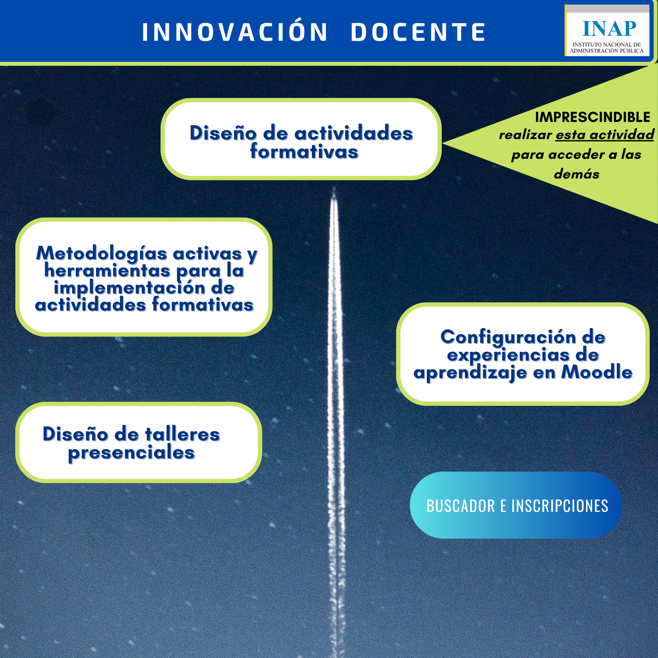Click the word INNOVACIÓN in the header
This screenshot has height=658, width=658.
pos(235,32)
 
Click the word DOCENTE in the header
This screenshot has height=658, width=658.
pos(418,32)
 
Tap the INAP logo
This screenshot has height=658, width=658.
pos(607,30)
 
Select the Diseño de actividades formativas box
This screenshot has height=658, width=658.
pos(301,139)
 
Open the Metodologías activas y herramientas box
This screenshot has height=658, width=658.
pos(144,277)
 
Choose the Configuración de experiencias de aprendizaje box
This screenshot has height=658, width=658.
pos(522,354)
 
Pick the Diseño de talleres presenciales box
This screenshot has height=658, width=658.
pos(139,442)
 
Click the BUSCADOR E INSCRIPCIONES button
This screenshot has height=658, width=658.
pos(516,505)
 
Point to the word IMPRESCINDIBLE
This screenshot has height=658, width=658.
pos(592,117)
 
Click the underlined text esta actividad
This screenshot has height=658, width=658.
pos(605,135)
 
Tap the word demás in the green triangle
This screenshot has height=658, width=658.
pos(576,174)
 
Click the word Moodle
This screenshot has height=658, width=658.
pos(597,372)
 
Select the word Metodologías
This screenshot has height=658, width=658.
pos(102,254)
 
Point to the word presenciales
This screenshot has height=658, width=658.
pos(131,453)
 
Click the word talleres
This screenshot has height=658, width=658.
pos(182,434)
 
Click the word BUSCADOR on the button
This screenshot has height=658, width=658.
pos(461,506)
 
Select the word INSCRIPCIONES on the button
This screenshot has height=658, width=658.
pos(560,506)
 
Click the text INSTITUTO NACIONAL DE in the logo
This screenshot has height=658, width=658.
pos(607,44)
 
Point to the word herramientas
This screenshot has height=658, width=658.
pos(107,271)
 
